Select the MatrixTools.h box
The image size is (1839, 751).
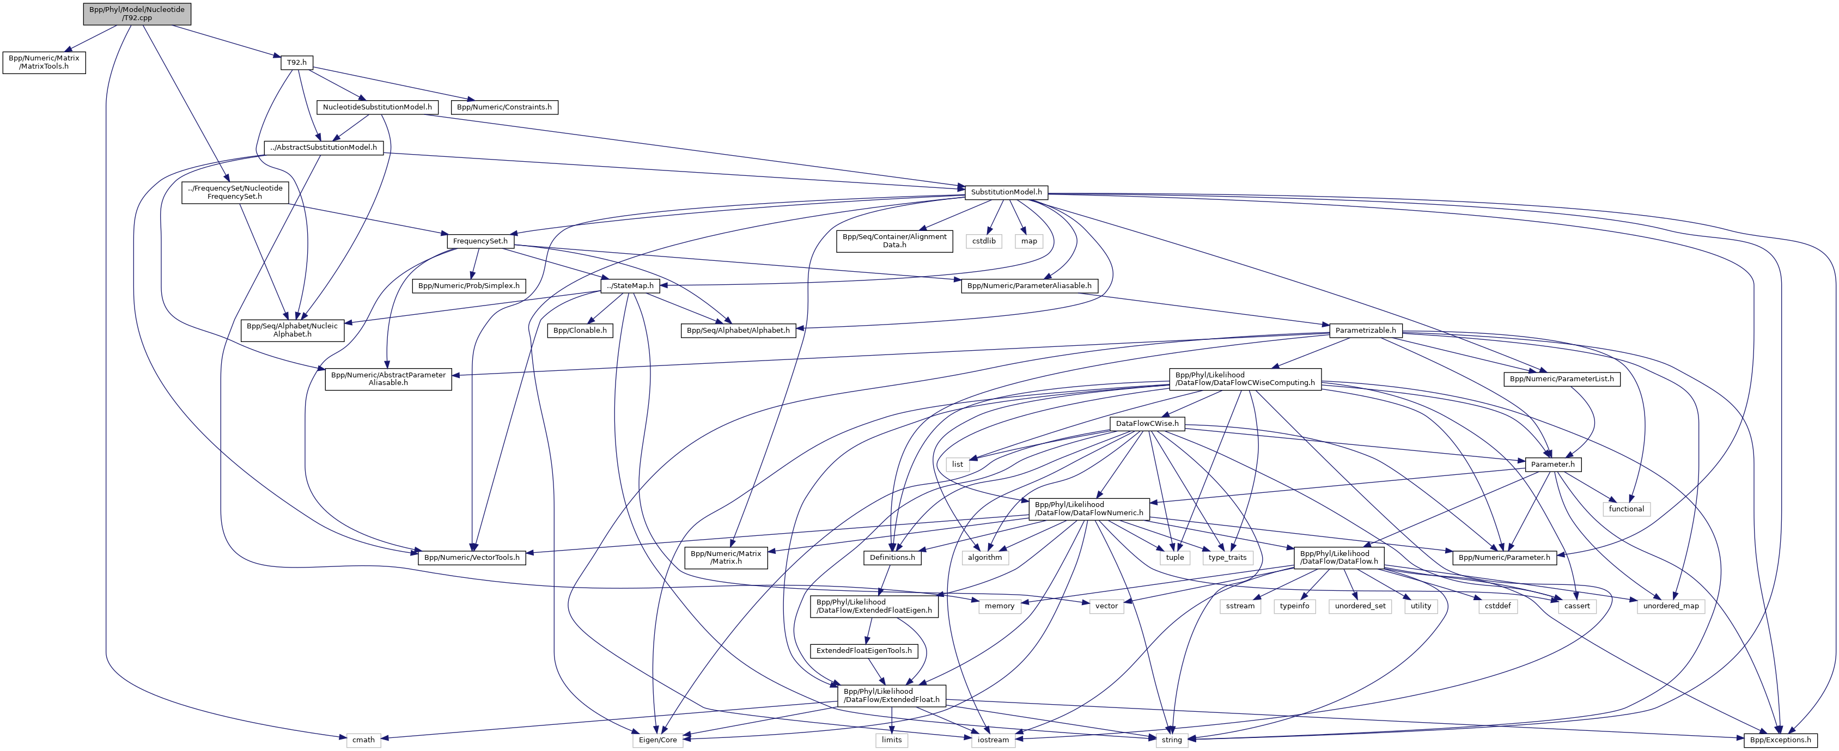(44, 62)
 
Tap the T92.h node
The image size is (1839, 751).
(296, 63)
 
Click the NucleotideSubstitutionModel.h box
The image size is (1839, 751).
(377, 107)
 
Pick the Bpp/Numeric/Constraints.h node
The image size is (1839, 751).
(504, 107)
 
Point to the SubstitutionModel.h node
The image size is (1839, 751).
(1006, 192)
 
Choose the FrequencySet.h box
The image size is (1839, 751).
(480, 241)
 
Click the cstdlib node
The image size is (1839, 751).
(984, 241)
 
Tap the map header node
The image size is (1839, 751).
(1029, 241)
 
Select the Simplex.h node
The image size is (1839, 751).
(469, 285)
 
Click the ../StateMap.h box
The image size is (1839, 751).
(629, 285)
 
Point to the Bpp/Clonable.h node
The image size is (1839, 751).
(580, 331)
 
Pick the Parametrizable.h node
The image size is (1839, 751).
(1365, 331)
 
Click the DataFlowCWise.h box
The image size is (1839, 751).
(1147, 424)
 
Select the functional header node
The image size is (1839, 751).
(1626, 509)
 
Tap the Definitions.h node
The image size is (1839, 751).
(892, 558)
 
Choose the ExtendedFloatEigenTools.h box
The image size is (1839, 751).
(864, 651)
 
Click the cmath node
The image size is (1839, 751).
(363, 740)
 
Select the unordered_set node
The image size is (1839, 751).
(1360, 606)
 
